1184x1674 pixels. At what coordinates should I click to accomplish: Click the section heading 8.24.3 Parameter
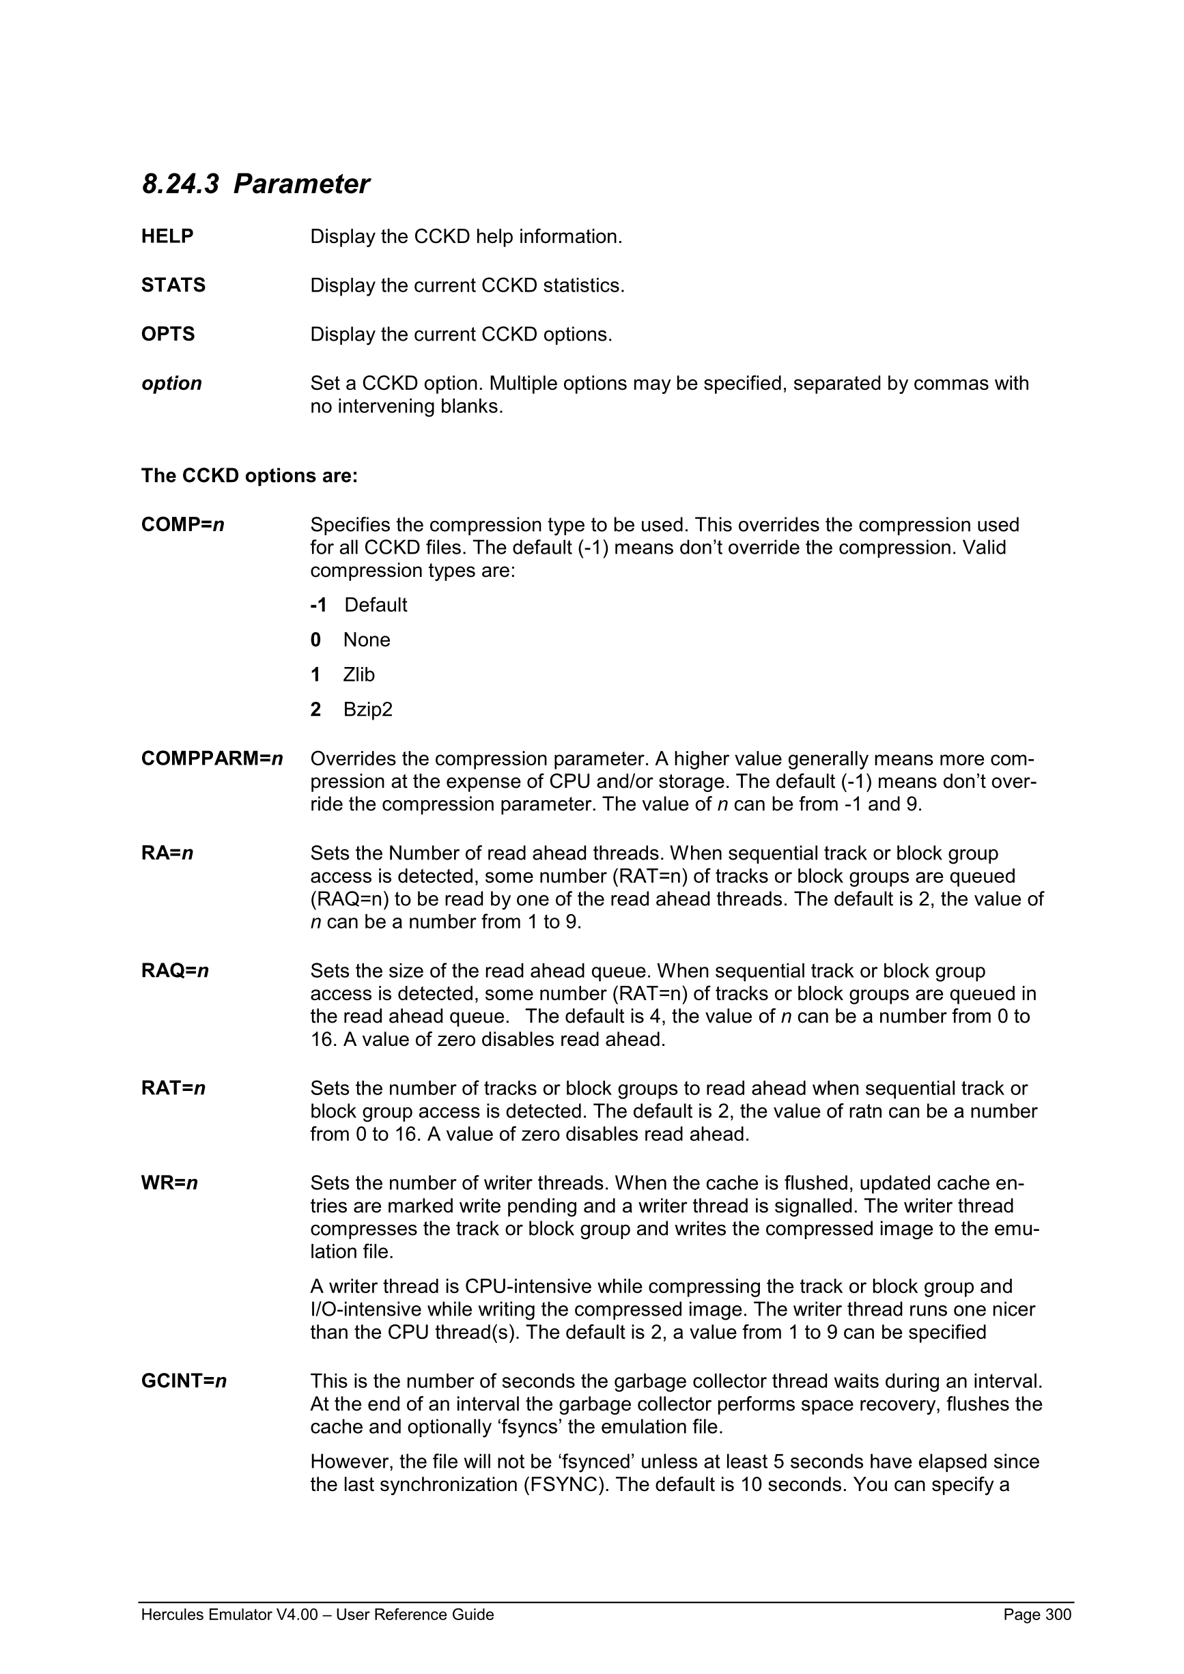[x=255, y=184]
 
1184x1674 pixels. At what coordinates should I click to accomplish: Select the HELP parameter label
[x=167, y=236]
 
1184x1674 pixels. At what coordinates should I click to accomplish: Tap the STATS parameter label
[x=173, y=285]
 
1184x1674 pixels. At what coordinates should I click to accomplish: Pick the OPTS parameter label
[x=168, y=334]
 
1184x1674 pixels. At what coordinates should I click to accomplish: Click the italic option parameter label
[x=171, y=384]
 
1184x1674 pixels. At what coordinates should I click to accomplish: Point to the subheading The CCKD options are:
[x=249, y=475]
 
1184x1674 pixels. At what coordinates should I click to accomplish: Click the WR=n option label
[x=169, y=1182]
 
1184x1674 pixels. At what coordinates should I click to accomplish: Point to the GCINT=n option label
[x=184, y=1381]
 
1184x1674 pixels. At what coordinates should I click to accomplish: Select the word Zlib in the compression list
[x=358, y=675]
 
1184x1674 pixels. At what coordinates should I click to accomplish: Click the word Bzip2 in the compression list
[x=367, y=709]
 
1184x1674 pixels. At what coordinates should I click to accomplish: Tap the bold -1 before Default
[x=318, y=604]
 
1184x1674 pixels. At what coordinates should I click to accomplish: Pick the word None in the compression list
[x=367, y=640]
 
